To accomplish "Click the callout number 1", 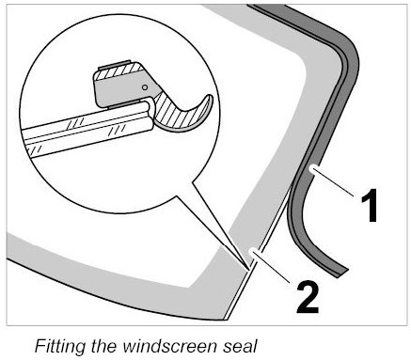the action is coord(369,206).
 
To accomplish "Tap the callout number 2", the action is coord(308,297).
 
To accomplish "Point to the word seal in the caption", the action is coord(239,346).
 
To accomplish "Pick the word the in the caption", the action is coord(104,346).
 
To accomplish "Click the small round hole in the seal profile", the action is coord(145,87).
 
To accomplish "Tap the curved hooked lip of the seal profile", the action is coord(185,115).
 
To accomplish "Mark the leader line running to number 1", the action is coord(333,182).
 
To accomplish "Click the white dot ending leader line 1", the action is coord(311,168).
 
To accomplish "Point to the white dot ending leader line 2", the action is coord(252,251).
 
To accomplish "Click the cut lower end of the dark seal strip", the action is coord(342,273).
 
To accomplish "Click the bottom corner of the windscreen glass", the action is coord(224,320).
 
